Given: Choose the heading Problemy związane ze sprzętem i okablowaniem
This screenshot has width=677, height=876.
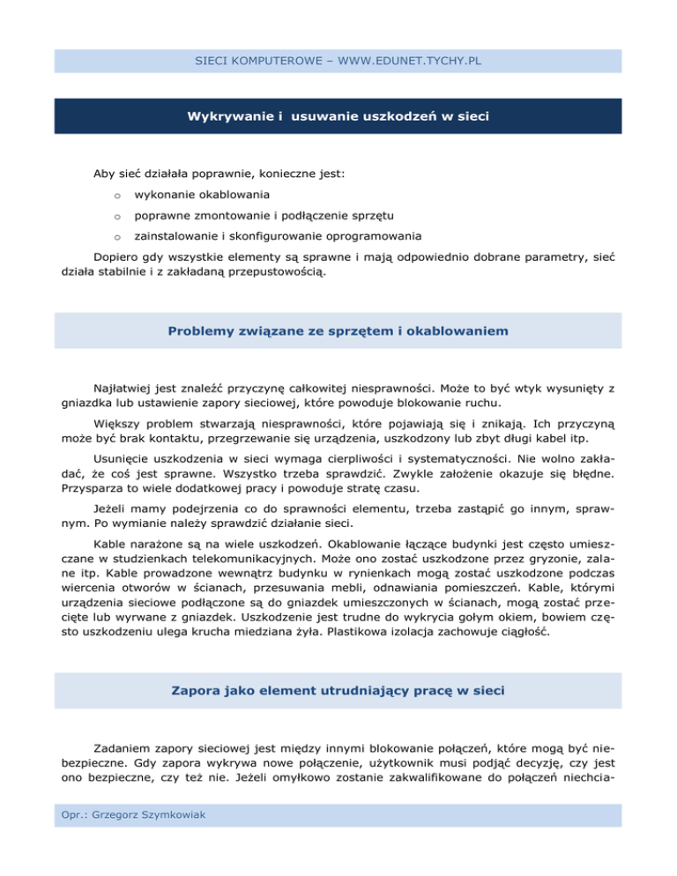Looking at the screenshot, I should coord(338,330).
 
